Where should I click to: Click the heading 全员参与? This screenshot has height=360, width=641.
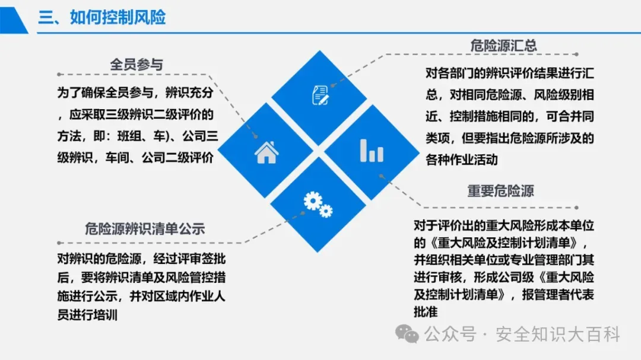click(137, 65)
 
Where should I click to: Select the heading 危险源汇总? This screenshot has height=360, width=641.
click(503, 46)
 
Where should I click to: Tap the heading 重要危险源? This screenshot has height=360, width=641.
click(500, 191)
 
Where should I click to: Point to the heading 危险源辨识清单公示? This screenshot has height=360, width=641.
click(145, 228)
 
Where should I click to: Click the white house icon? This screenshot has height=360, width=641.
click(266, 152)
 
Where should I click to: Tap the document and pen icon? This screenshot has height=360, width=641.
click(320, 94)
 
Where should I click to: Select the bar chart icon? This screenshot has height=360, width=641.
click(372, 150)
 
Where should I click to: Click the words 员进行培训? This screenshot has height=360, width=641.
click(87, 315)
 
